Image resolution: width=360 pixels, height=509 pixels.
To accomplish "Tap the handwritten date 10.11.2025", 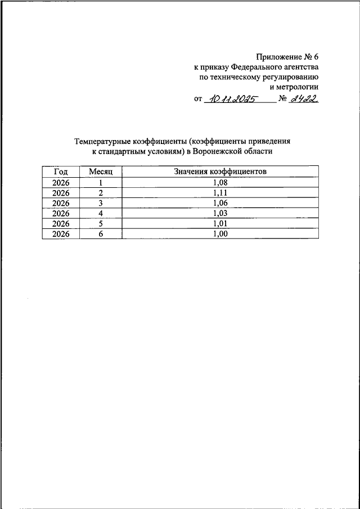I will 230,100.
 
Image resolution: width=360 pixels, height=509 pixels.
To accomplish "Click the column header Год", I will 60,171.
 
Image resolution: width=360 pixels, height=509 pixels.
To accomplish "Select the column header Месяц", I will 101,171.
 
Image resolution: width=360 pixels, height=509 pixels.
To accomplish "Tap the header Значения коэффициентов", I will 220,171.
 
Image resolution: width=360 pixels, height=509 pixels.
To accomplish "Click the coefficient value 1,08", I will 220,182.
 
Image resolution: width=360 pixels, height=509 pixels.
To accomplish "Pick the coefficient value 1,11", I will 220,192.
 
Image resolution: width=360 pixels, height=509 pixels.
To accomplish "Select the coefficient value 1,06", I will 220,202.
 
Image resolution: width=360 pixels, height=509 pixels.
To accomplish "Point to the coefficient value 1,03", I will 220,213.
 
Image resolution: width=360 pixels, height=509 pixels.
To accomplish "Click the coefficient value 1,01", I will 220,223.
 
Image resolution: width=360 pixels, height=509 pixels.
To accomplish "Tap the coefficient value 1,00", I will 220,234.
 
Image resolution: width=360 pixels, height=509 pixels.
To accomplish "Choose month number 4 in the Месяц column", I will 101,213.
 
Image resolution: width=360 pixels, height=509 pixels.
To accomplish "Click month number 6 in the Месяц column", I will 101,234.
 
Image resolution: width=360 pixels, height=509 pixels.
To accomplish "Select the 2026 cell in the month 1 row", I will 60,182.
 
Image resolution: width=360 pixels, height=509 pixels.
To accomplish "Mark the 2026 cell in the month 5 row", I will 60,223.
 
